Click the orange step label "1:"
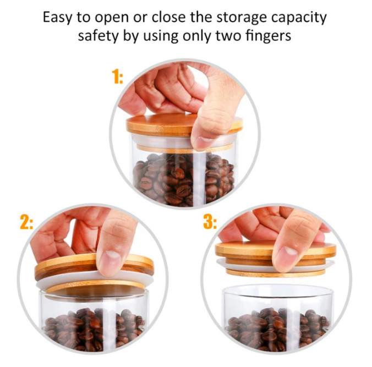pos(117,76)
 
